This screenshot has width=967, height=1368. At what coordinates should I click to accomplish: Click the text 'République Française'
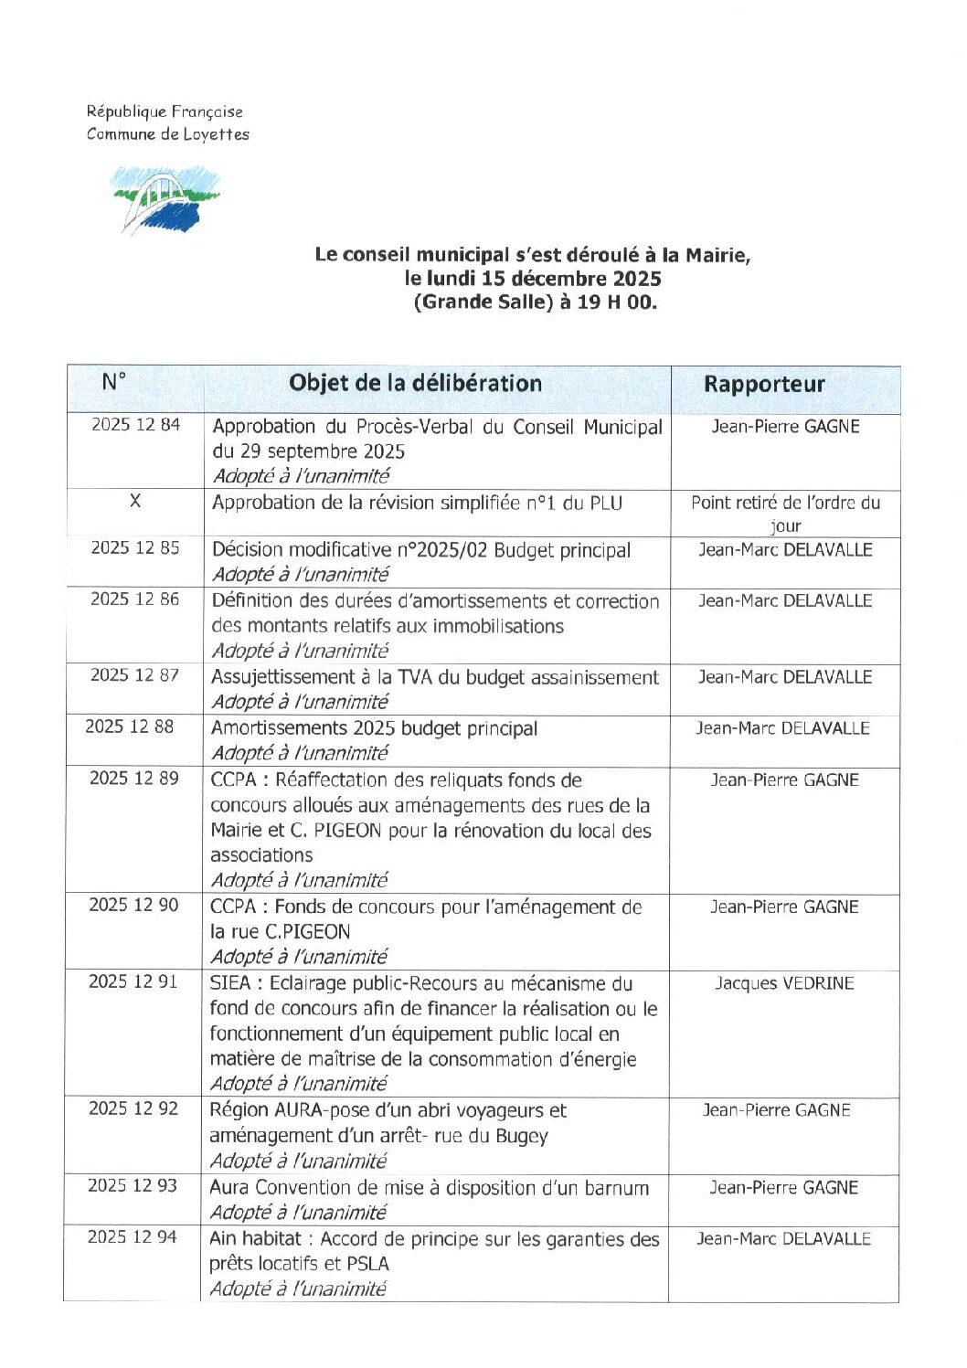(x=165, y=111)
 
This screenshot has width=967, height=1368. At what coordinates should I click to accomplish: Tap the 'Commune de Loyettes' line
(x=167, y=134)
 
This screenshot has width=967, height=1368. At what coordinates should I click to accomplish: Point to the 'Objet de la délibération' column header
(x=415, y=384)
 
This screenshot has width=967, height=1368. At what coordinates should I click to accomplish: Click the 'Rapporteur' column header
(x=763, y=385)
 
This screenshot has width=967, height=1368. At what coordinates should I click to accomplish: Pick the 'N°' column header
(x=114, y=382)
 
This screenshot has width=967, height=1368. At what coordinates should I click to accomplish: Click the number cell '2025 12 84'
(x=135, y=425)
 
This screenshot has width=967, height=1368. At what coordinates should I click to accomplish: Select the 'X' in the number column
(x=135, y=501)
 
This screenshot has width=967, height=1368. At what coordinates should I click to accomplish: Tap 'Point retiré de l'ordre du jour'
(x=785, y=513)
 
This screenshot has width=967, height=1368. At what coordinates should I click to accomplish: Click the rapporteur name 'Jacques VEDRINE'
(x=784, y=983)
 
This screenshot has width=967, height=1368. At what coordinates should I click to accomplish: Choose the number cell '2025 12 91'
(x=133, y=981)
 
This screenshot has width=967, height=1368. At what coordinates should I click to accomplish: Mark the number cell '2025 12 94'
(x=132, y=1237)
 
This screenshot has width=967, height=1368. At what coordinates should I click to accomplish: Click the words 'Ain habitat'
(x=255, y=1239)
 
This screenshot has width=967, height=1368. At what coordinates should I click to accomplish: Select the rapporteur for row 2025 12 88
(x=782, y=728)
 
